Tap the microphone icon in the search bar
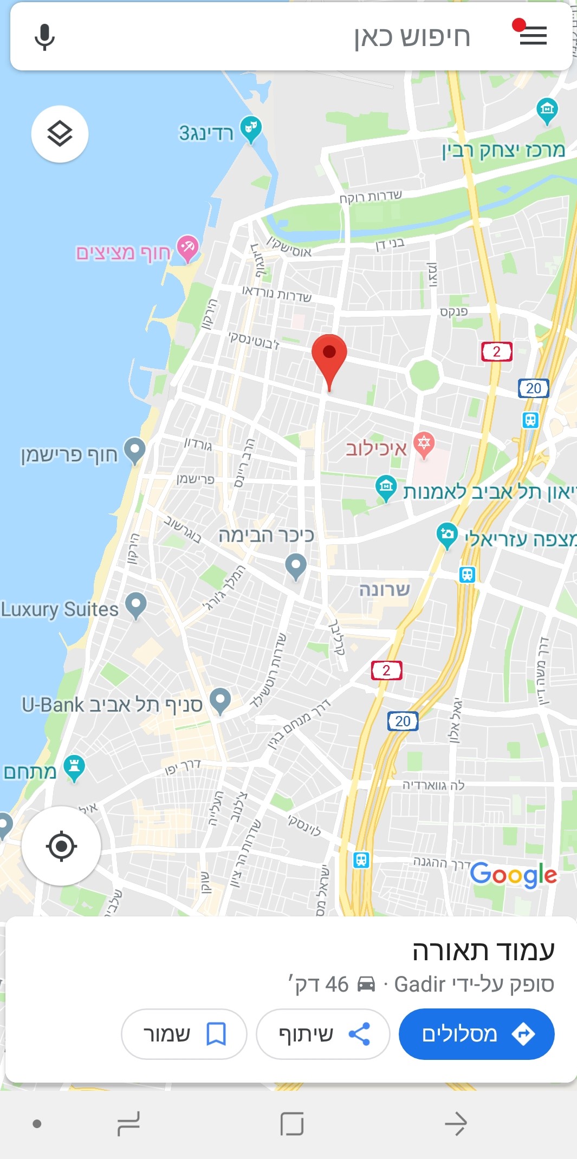pos(44,37)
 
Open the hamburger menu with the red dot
pos(533,36)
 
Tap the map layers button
pos(60,134)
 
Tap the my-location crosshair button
pos(61,845)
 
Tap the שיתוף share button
pos(323,1034)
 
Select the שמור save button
pos(184,1034)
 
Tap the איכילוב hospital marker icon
pos(424,444)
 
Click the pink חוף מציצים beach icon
pos(187,248)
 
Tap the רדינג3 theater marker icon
pos(250,128)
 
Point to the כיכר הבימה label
pos(266,536)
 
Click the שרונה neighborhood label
pos(385,589)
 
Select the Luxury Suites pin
pos(135,604)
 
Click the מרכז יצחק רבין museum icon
pos(547,109)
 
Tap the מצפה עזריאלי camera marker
pos(447,535)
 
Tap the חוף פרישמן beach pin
pos(134,450)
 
